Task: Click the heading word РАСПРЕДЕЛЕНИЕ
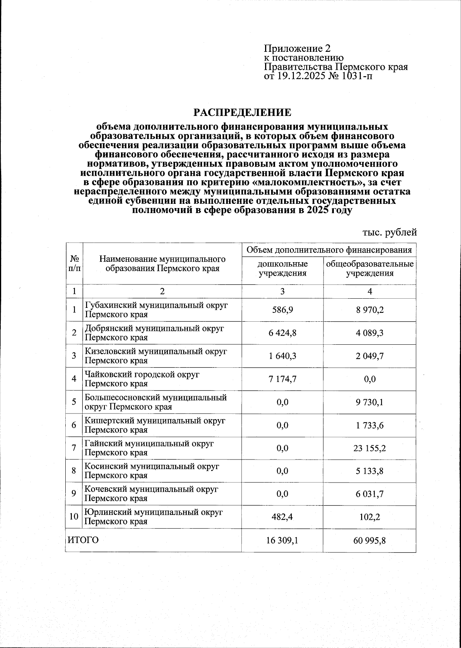coord(242,112)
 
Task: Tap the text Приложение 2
coord(297,49)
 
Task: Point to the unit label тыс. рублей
coord(390,232)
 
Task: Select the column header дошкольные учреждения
coord(282,269)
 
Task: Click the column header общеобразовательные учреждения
coord(370,269)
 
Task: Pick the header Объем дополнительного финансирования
coord(329,250)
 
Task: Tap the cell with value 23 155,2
coord(370,448)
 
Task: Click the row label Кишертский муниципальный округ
coord(154,421)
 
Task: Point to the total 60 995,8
coord(370,541)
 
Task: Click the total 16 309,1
coord(282,541)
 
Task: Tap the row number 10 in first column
coord(73,517)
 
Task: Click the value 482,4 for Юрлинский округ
coord(282,517)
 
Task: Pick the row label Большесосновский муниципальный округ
coord(155,398)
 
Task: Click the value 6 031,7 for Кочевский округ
coord(370,494)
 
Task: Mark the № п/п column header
coord(74,263)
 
